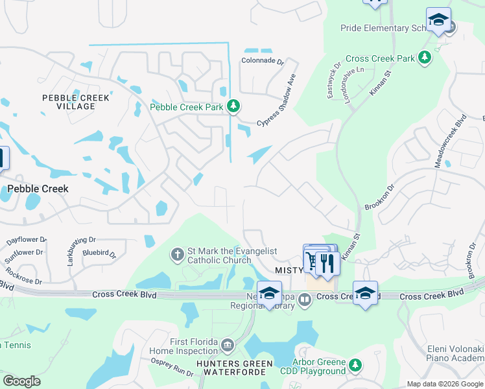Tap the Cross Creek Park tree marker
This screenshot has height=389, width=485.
point(425,58)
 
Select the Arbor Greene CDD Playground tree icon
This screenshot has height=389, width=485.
point(355,366)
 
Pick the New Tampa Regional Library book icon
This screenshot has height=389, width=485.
point(303,298)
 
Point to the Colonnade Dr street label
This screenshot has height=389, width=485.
point(263,62)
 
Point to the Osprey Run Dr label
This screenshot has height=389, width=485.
point(172,368)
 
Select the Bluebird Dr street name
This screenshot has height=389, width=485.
point(101,252)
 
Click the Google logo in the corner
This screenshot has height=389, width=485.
point(21,381)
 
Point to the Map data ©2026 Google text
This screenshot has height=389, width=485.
point(444,384)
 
